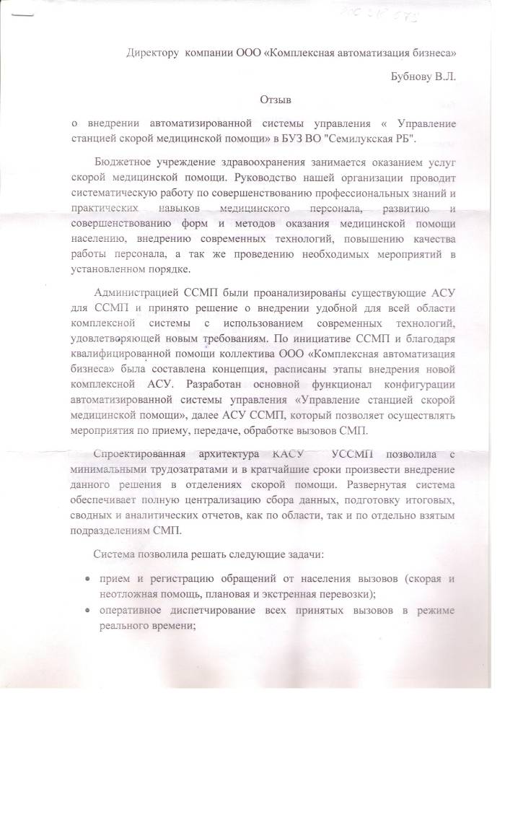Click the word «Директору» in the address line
click(152, 53)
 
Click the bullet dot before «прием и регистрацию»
click(87, 579)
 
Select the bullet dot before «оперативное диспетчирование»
click(87, 611)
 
